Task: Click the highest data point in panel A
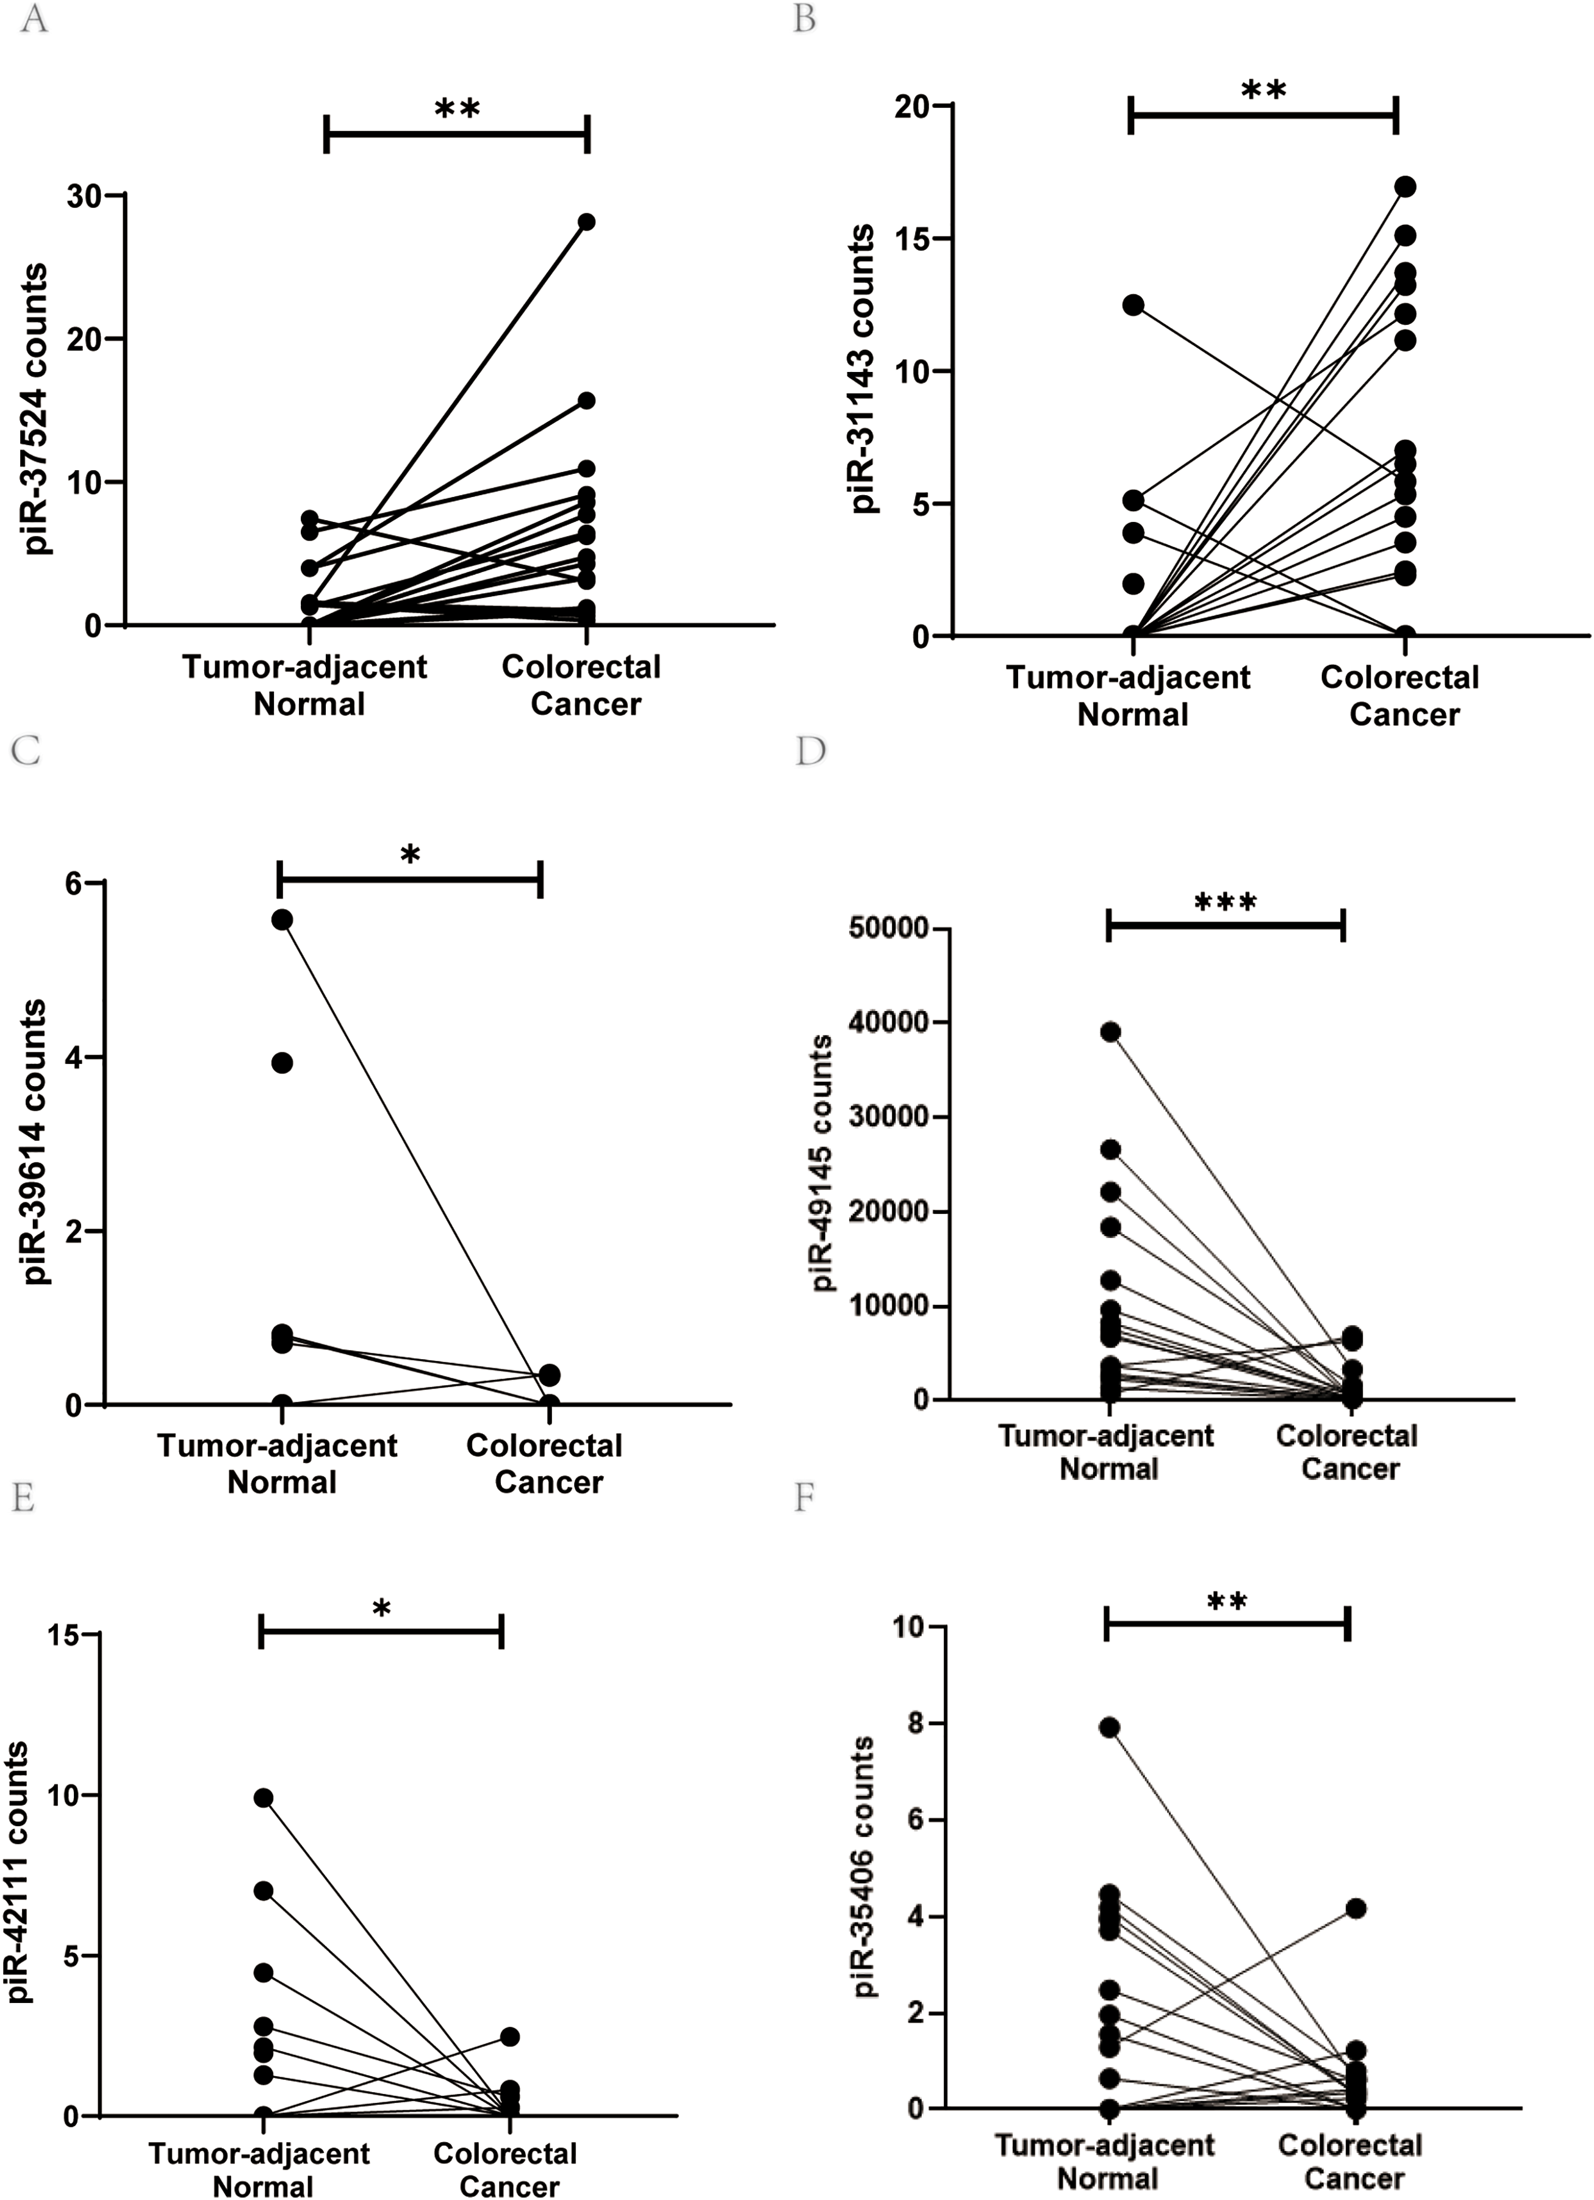(586, 221)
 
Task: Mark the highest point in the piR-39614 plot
(282, 920)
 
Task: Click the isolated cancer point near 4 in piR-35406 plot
(1355, 1908)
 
